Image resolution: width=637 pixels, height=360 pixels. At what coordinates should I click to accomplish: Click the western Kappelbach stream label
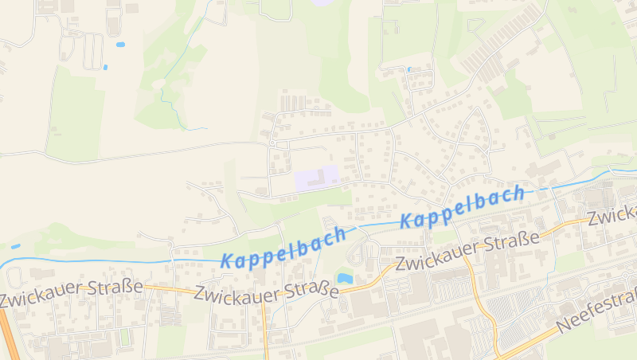[x=283, y=247]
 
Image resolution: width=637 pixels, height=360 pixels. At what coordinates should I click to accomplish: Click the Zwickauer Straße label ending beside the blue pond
[x=267, y=294]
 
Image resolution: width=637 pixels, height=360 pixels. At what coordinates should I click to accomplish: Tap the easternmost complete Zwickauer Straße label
[x=467, y=251]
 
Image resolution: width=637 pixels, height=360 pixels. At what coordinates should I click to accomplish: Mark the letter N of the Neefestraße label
[x=564, y=326]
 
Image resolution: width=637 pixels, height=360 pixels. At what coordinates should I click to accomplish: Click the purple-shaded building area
[x=316, y=178]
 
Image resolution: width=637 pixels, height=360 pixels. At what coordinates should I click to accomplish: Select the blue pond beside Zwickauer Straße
[x=345, y=278]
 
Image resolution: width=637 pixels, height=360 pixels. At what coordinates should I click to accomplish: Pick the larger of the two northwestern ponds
[x=120, y=45]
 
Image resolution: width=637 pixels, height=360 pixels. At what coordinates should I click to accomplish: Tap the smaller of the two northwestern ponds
[x=105, y=66]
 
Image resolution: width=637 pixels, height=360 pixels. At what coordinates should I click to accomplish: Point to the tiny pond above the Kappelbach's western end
[x=16, y=246]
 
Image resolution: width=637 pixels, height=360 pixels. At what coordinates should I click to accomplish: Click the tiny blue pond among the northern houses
[x=409, y=69]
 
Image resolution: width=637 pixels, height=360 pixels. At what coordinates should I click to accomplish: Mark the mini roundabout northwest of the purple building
[x=272, y=143]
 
